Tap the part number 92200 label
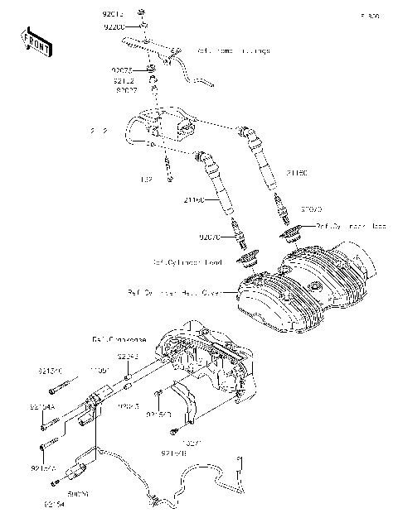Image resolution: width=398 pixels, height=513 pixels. [114, 26]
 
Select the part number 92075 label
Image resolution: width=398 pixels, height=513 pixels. [122, 71]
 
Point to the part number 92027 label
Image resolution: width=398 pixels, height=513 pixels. [126, 89]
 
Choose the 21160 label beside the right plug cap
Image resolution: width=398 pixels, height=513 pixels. [296, 173]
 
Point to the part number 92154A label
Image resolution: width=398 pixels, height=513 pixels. [42, 407]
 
